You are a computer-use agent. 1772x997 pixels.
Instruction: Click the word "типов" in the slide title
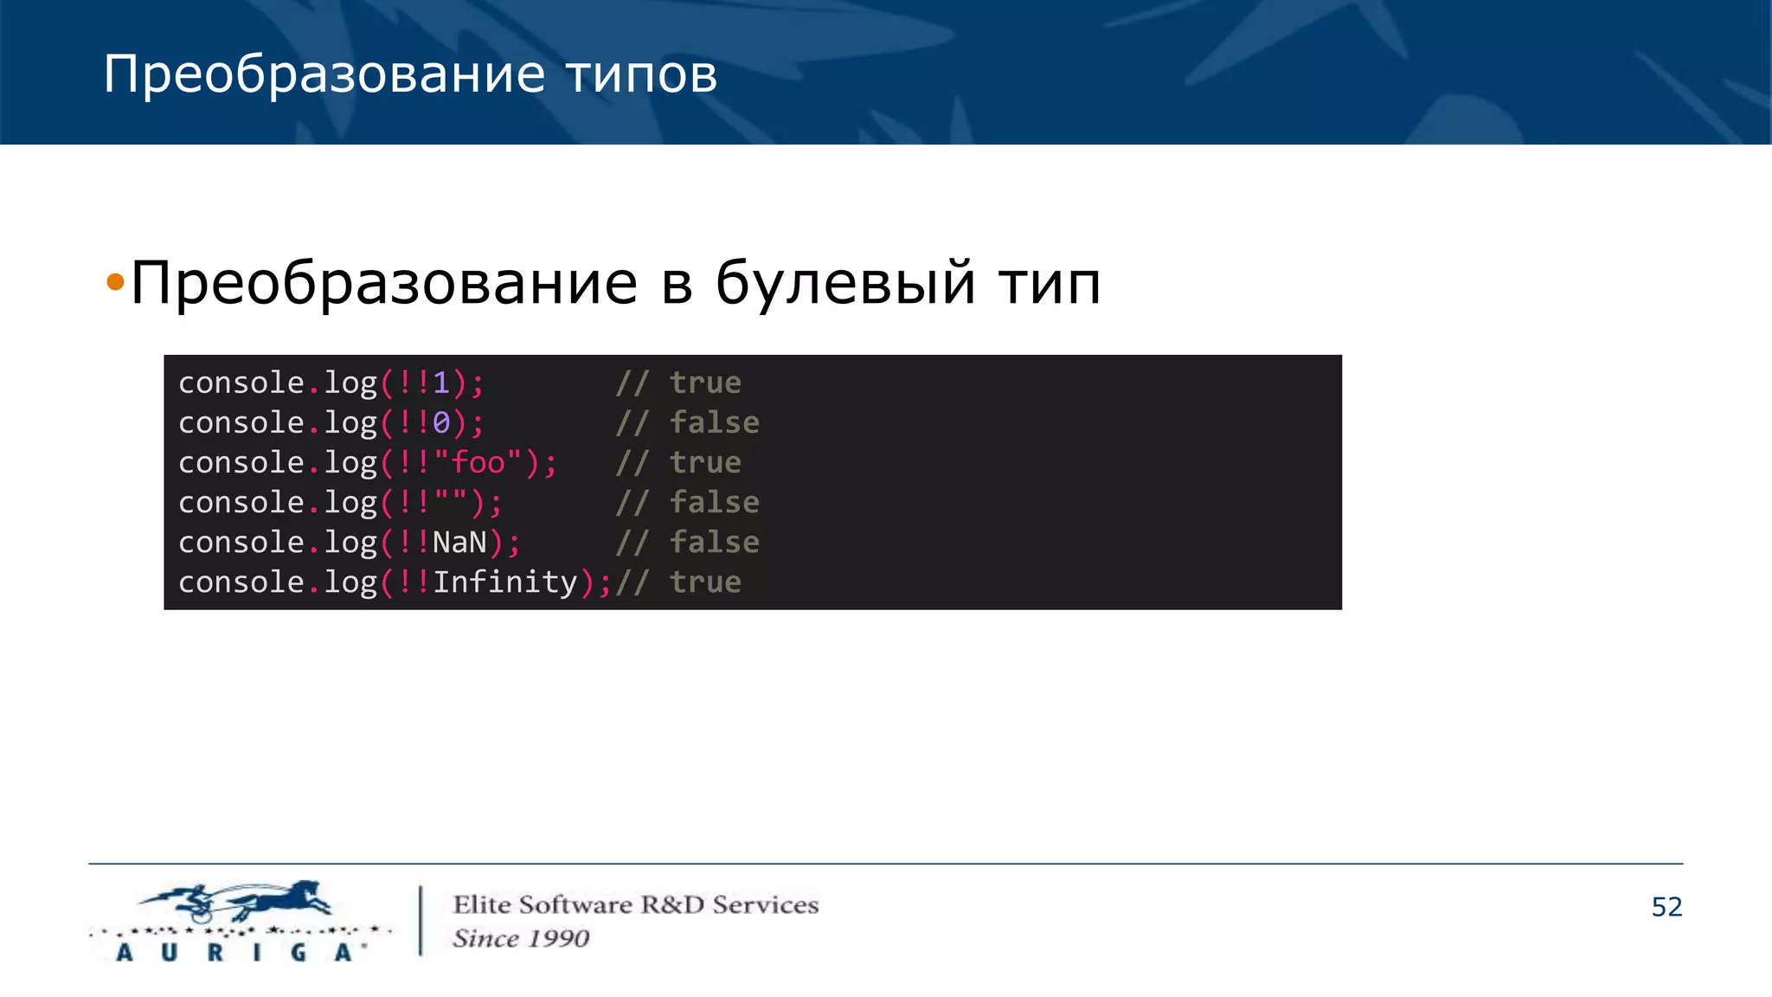pyautogui.click(x=641, y=75)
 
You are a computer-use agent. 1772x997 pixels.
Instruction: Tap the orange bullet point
pyautogui.click(x=115, y=282)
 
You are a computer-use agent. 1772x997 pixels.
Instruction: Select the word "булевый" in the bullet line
pyautogui.click(x=845, y=283)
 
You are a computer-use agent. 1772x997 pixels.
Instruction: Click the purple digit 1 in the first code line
pyautogui.click(x=441, y=383)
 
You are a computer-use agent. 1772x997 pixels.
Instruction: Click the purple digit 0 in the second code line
pyautogui.click(x=441, y=422)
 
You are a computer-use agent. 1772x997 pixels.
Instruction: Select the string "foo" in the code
pyautogui.click(x=478, y=462)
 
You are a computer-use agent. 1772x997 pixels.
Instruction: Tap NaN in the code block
pyautogui.click(x=459, y=543)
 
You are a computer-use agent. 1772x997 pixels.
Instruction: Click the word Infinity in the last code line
pyautogui.click(x=504, y=582)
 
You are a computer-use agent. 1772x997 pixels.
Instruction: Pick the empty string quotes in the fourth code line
pyautogui.click(x=450, y=502)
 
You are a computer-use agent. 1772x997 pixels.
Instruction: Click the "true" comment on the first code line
pyautogui.click(x=705, y=383)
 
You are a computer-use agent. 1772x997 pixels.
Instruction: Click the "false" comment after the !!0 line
pyautogui.click(x=714, y=422)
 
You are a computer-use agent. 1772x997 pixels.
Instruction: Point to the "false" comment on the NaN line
pyautogui.click(x=714, y=543)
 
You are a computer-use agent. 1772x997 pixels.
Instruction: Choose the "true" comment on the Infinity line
pyautogui.click(x=705, y=582)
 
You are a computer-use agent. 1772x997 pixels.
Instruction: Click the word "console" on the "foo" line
pyautogui.click(x=241, y=462)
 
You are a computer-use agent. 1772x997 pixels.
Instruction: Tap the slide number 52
pyautogui.click(x=1666, y=907)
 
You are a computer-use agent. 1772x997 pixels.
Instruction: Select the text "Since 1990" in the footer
pyautogui.click(x=521, y=938)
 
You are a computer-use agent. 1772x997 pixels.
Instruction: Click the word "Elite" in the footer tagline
pyautogui.click(x=482, y=904)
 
